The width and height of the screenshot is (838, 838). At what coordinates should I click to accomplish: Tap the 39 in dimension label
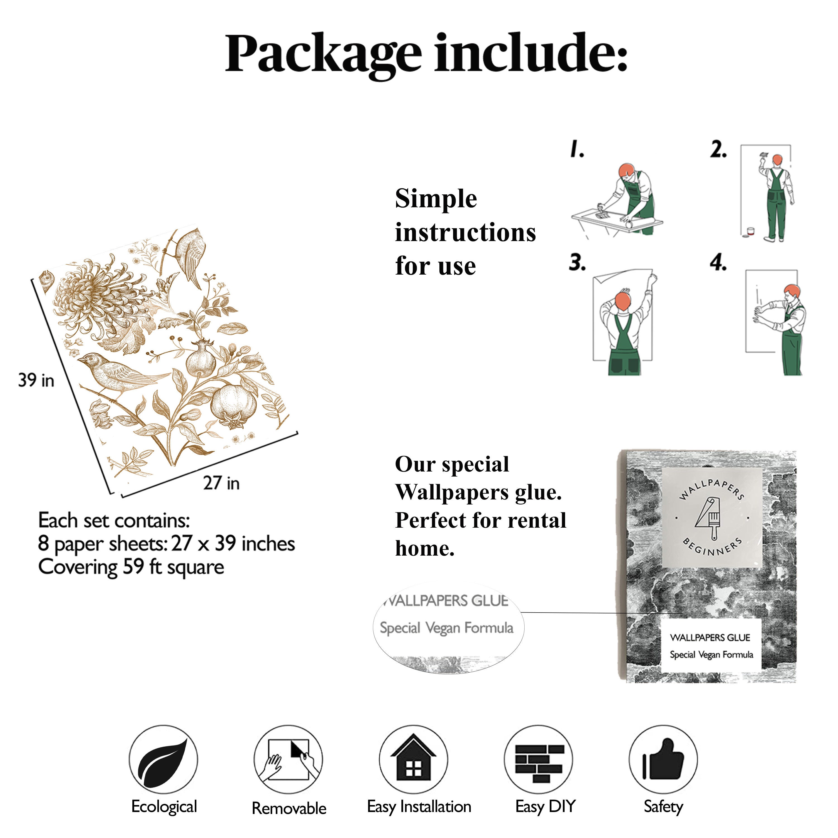[36, 380]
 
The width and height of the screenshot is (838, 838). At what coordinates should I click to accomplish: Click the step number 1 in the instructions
[577, 149]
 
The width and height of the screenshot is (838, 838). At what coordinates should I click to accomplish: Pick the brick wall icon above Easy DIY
[539, 763]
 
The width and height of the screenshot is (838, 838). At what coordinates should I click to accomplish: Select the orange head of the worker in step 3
[623, 301]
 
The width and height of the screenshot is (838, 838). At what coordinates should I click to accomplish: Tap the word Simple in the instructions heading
[436, 199]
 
